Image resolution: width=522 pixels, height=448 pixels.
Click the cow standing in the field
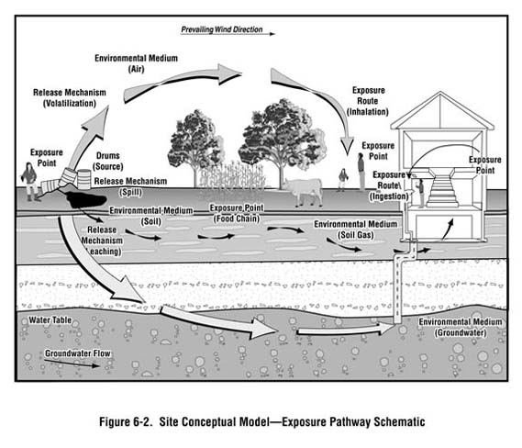click(x=304, y=189)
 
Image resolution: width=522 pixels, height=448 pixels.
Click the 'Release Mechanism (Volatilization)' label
click(x=70, y=98)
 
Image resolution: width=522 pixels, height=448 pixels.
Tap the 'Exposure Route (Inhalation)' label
click(x=370, y=101)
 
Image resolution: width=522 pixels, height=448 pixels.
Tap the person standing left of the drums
click(x=30, y=181)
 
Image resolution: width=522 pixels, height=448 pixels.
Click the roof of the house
click(x=441, y=108)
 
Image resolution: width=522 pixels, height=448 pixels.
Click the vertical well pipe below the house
click(x=398, y=285)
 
